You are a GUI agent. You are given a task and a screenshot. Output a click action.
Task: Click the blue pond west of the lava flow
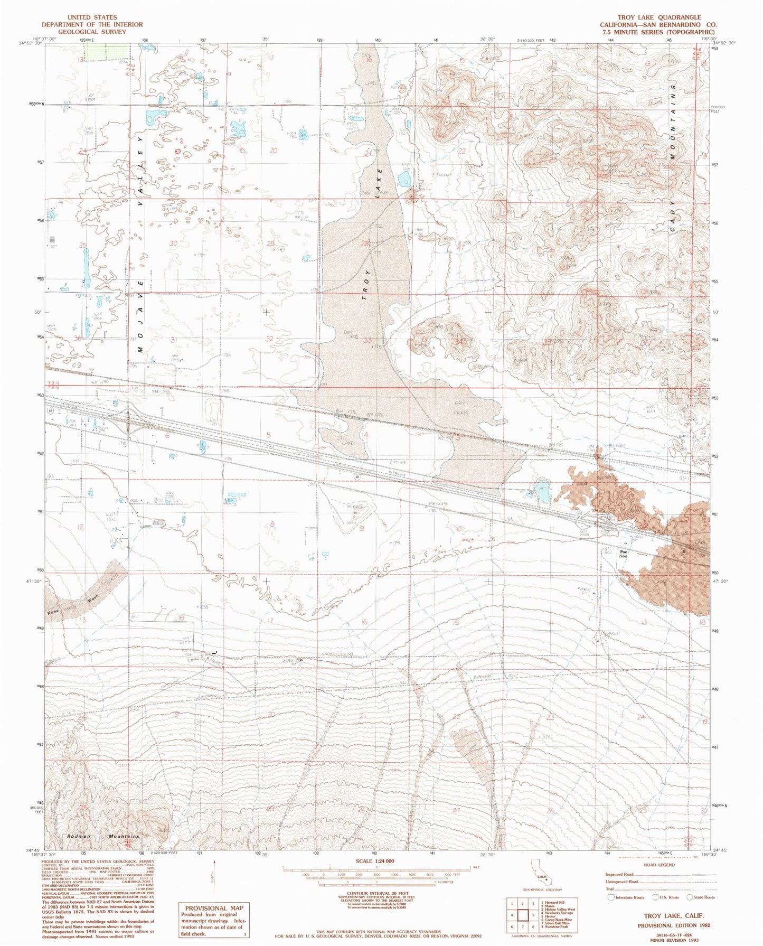(x=542, y=492)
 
